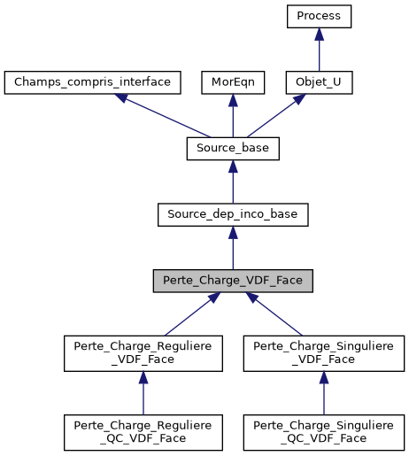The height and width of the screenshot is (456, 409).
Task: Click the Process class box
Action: [x=319, y=17]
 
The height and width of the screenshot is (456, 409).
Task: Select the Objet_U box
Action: [x=319, y=82]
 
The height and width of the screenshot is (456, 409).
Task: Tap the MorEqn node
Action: [x=233, y=82]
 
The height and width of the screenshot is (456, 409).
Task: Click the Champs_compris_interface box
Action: [x=93, y=82]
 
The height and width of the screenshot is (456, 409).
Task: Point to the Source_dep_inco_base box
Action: [x=233, y=213]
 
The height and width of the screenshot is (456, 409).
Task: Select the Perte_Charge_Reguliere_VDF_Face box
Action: [x=143, y=352]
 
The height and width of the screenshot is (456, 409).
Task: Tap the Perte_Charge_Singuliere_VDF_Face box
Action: [x=323, y=352]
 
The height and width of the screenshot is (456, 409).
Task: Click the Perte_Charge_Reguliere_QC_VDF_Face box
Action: [x=143, y=431]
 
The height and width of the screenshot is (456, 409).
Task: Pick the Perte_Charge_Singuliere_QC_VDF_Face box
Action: [x=323, y=431]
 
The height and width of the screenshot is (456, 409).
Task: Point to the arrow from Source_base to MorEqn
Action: [x=233, y=115]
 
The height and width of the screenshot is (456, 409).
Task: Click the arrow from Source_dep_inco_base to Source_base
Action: [x=233, y=181]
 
